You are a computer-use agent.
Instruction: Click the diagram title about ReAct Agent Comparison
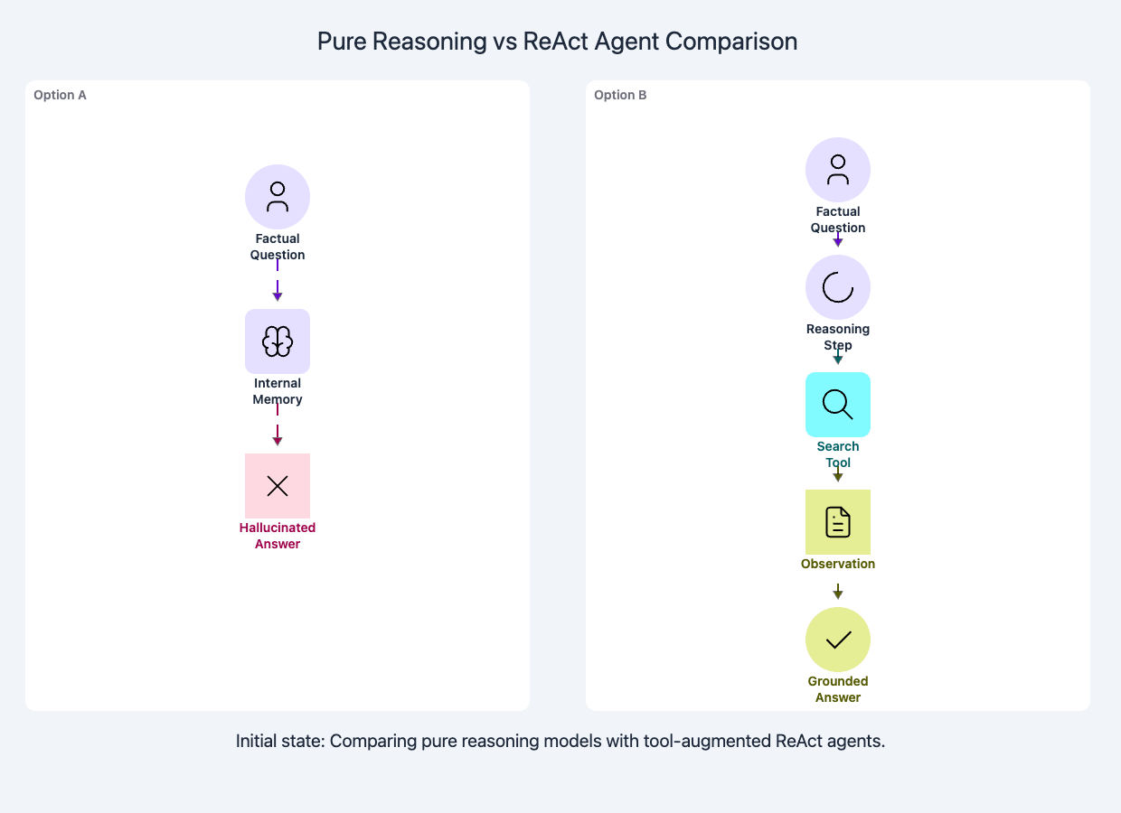pos(557,42)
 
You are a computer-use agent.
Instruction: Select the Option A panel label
pos(60,95)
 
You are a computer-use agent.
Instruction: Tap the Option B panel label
pos(620,95)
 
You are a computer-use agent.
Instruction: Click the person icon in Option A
pos(278,197)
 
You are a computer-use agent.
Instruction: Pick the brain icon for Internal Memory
pos(278,341)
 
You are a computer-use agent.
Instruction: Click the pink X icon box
pos(278,486)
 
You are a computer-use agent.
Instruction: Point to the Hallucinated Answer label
pos(278,536)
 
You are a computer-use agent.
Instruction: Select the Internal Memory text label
pos(278,391)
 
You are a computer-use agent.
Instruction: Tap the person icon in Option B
pos(838,170)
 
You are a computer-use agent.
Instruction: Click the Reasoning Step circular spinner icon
pos(838,287)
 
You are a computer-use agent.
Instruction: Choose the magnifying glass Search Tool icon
pos(838,405)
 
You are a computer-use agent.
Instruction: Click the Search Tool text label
pos(838,454)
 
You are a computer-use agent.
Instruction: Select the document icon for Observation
pos(838,522)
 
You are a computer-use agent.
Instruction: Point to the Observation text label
pos(838,564)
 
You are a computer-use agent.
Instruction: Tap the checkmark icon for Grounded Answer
pos(838,640)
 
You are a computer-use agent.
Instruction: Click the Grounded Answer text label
pos(838,689)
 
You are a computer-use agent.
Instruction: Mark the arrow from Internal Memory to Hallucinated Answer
pos(278,430)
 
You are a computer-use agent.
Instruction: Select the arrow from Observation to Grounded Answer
pos(838,592)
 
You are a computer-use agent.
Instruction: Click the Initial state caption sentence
pos(560,742)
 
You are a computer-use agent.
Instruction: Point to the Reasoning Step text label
pos(838,337)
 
